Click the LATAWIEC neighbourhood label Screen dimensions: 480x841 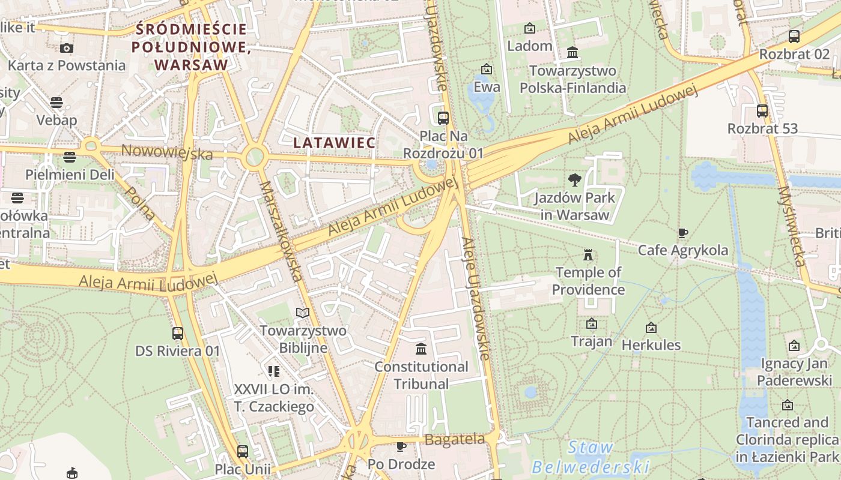(334, 143)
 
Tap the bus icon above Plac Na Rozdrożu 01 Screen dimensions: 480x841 (443, 118)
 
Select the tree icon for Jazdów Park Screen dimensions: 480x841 (575, 179)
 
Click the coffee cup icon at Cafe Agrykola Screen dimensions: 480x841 (682, 233)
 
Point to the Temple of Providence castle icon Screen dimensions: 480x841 (588, 254)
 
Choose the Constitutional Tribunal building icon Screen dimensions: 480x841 (421, 349)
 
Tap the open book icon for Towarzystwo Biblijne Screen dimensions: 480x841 (303, 313)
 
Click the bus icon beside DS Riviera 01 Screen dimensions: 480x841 (178, 334)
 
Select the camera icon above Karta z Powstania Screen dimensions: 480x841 (67, 48)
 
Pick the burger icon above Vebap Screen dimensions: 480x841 (56, 103)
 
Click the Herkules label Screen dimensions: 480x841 (651, 345)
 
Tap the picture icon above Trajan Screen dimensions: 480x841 (592, 324)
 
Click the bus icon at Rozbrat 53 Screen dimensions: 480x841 (762, 111)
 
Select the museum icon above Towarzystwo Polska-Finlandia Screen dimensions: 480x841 (572, 53)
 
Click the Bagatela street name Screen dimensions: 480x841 (455, 439)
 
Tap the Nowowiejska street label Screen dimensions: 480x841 (167, 152)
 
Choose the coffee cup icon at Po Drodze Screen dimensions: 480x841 (401, 446)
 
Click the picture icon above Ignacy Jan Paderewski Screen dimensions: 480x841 (794, 346)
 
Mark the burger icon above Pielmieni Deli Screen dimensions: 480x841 (70, 157)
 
